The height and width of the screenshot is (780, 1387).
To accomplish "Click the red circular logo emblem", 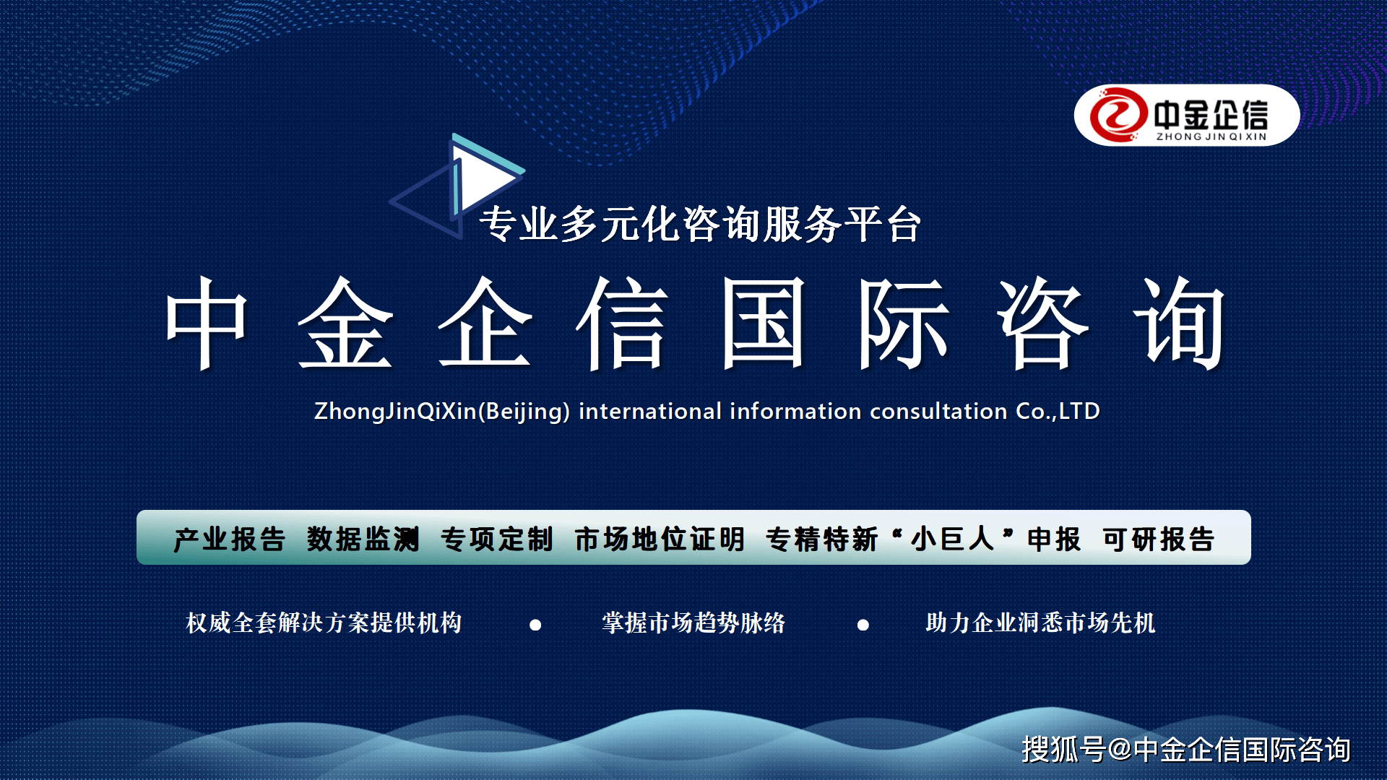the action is [x=1118, y=115].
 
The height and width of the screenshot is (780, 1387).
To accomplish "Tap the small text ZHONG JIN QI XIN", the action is [x=1211, y=136].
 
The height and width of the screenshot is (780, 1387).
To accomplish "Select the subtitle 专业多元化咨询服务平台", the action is [x=700, y=224].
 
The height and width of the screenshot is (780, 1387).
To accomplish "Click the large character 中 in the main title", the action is [x=207, y=323].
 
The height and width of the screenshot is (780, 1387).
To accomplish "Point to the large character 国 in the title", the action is [x=764, y=323].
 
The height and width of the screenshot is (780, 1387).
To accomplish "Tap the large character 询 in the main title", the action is [x=1180, y=323].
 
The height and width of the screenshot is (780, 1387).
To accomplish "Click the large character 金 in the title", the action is [x=346, y=323].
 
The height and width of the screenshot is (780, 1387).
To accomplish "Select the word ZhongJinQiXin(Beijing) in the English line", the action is [x=442, y=412].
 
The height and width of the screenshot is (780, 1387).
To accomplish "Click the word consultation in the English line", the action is [x=938, y=412].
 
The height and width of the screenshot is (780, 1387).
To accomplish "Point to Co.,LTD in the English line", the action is [x=1058, y=412].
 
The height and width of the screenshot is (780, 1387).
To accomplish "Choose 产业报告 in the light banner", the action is [x=230, y=539].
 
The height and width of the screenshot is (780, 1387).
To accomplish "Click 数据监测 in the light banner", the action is [x=363, y=539].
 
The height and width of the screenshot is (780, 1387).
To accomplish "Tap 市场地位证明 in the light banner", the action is [x=660, y=539].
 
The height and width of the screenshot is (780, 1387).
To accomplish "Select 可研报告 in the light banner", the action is [x=1159, y=539].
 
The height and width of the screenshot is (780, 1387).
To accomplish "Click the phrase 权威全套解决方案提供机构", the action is [x=324, y=623].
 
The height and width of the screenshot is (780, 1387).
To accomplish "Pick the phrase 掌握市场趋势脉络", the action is [x=693, y=623].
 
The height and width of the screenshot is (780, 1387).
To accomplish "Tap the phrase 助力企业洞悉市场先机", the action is [x=1040, y=623].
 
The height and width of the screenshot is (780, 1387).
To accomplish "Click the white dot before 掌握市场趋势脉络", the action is [x=535, y=625].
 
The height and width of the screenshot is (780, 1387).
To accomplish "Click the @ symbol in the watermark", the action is [x=1120, y=750].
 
